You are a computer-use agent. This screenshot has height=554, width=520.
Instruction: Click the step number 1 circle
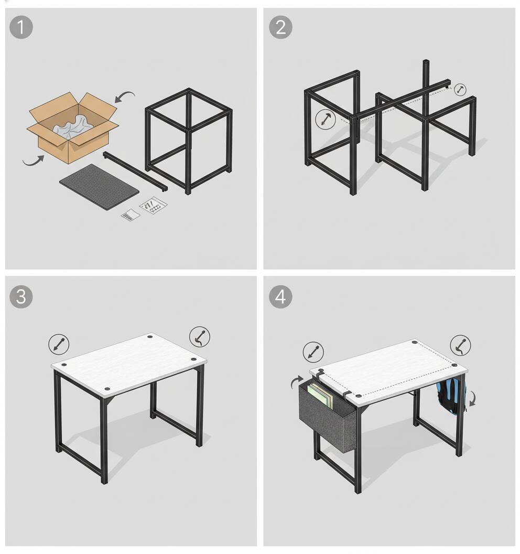[21, 27]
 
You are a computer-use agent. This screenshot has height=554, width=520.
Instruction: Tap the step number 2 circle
[280, 27]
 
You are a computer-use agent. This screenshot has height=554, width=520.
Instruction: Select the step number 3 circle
[21, 296]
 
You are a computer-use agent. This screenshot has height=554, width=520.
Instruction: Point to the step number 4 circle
[280, 297]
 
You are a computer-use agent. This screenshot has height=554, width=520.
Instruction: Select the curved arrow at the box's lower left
[32, 159]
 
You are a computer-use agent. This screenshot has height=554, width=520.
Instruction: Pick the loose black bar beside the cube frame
[135, 171]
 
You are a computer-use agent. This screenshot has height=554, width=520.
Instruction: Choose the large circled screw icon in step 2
[326, 120]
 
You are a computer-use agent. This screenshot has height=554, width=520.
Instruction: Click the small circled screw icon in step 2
[460, 90]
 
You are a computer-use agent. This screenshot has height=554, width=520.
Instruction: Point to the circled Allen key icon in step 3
[199, 337]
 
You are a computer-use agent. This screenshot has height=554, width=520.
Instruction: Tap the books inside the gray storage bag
[320, 397]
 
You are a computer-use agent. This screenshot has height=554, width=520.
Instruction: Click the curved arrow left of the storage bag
[297, 382]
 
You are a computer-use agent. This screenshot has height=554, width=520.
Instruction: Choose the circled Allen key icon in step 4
[460, 346]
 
